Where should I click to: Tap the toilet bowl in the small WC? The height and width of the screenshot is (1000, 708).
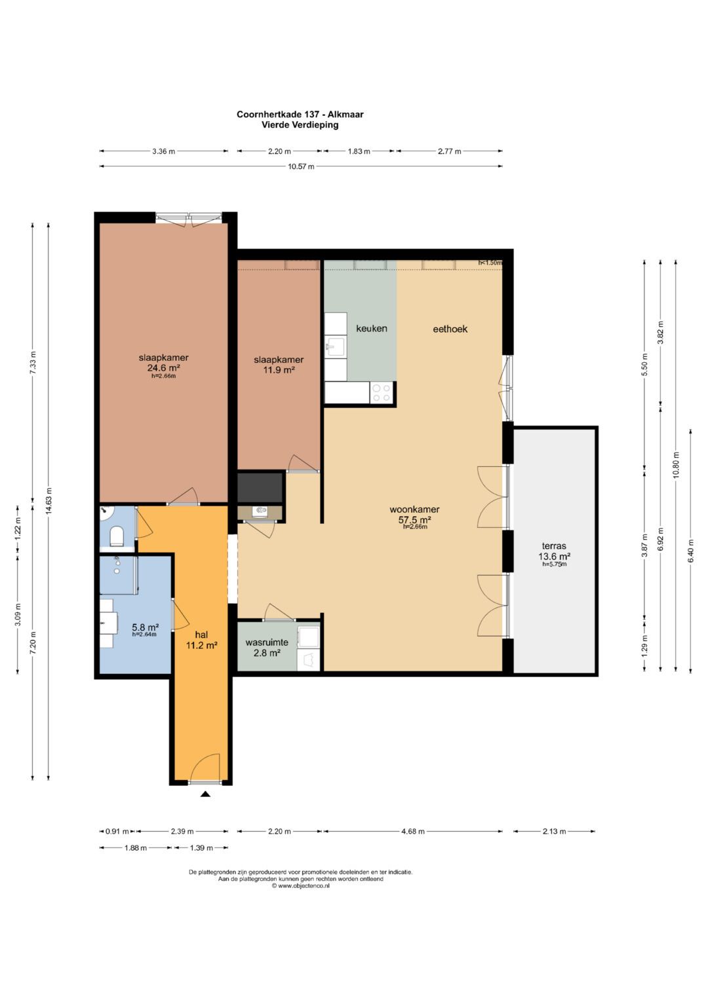click(117, 536)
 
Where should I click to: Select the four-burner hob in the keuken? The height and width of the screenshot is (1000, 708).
click(382, 393)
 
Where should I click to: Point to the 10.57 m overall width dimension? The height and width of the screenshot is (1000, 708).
click(302, 166)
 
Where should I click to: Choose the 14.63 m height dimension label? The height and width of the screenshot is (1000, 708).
click(49, 501)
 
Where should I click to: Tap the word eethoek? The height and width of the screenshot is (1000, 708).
click(450, 329)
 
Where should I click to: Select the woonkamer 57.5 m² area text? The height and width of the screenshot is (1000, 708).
click(414, 514)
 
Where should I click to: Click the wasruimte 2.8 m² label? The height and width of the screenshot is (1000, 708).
click(267, 648)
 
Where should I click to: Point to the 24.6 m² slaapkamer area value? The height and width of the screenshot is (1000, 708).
click(164, 368)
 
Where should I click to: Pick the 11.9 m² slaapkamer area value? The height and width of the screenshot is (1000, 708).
click(279, 369)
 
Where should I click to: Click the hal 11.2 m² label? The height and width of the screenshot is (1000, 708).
click(202, 640)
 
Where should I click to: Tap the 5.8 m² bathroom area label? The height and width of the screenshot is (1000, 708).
click(145, 626)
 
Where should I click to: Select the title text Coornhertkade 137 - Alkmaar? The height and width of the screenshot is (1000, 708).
click(300, 115)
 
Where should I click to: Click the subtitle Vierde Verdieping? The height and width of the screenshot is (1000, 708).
click(300, 125)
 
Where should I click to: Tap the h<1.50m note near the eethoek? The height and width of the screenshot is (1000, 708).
click(490, 263)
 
